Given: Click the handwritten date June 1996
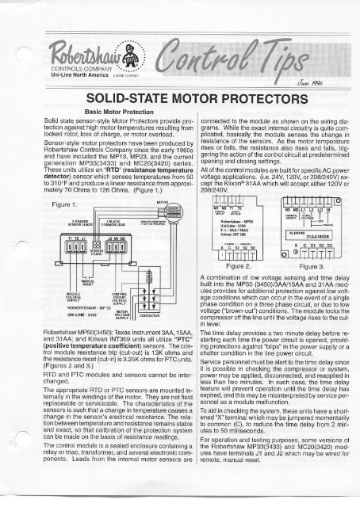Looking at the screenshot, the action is (x=313, y=71).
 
